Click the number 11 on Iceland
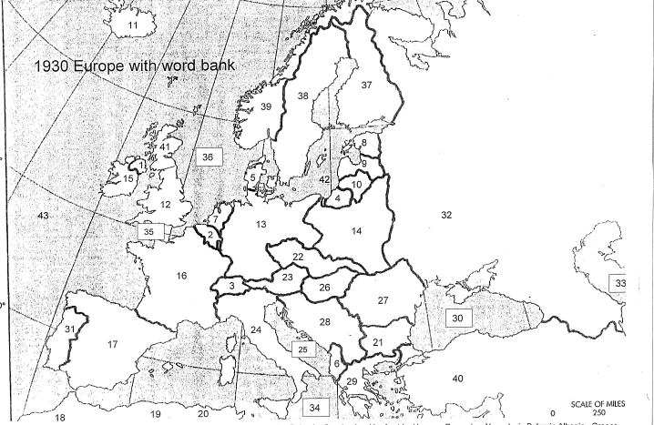click(x=133, y=25)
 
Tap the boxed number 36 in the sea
click(x=209, y=157)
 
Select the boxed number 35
click(x=148, y=231)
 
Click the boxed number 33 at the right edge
click(x=620, y=283)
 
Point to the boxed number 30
click(x=459, y=318)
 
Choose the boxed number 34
click(x=315, y=406)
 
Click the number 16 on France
click(x=182, y=275)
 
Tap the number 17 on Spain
click(x=113, y=344)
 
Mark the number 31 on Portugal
click(x=69, y=329)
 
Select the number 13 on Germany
click(x=261, y=224)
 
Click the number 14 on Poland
click(x=356, y=231)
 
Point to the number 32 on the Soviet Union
click(x=446, y=215)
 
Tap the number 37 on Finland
click(x=366, y=85)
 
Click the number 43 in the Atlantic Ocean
click(x=42, y=215)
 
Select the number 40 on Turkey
click(x=457, y=378)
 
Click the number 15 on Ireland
click(x=128, y=179)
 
